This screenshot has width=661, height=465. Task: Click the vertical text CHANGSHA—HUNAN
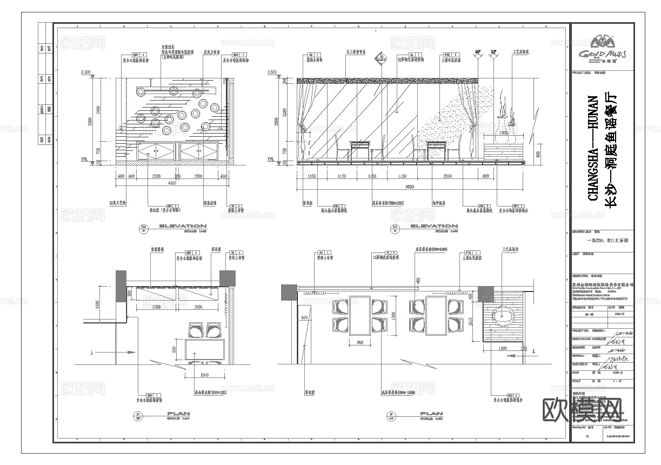coord(593,148)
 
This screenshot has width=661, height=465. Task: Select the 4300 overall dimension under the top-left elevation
coord(172,184)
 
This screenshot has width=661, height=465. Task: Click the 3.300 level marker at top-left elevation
coord(84,72)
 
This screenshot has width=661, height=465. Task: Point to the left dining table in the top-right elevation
coord(360,145)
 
